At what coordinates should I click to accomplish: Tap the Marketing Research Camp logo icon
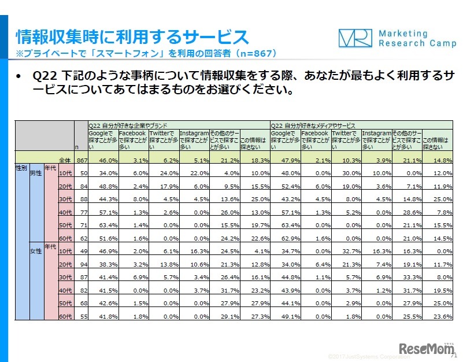pyautogui.click(x=355, y=39)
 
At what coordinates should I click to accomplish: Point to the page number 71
pyautogui.click(x=453, y=357)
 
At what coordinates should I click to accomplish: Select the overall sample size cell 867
pyautogui.click(x=81, y=160)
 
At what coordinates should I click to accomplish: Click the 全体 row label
pyautogui.click(x=65, y=160)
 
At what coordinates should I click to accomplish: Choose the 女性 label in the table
pyautogui.click(x=36, y=251)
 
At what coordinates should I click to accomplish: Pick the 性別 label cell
pyautogui.click(x=21, y=167)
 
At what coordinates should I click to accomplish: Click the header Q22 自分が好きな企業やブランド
pyautogui.click(x=129, y=125)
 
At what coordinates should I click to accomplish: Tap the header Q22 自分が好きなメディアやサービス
pyautogui.click(x=313, y=125)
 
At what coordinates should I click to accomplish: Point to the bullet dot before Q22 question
pyautogui.click(x=19, y=77)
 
